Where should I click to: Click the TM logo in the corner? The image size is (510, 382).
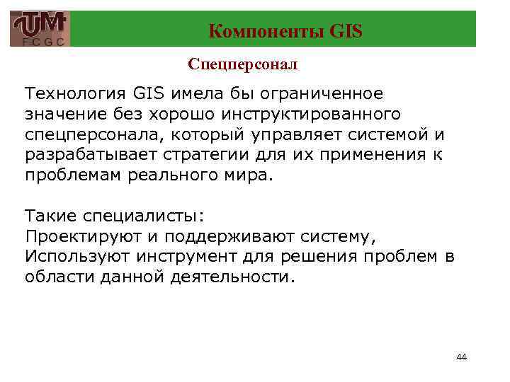click(40, 25)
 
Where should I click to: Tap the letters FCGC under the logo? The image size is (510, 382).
click(40, 42)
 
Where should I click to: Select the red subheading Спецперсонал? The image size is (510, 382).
click(243, 64)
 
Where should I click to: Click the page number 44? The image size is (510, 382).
click(461, 357)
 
